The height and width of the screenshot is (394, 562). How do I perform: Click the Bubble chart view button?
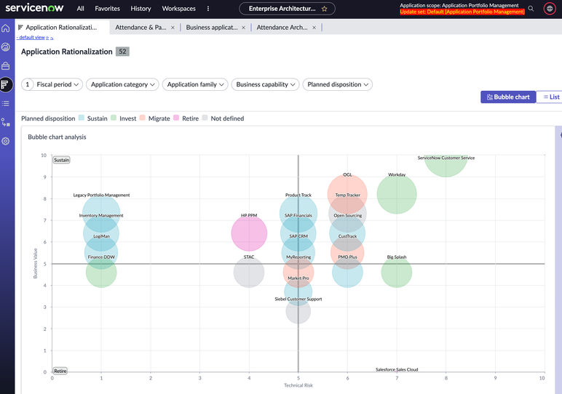coord(508,97)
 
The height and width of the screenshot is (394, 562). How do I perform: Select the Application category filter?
coord(123,84)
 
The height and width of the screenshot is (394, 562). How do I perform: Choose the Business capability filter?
coord(266,84)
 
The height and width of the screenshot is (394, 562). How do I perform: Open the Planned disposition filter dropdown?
coord(338,84)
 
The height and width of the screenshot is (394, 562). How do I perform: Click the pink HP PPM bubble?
coord(249,233)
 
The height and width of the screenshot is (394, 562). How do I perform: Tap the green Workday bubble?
coord(397,195)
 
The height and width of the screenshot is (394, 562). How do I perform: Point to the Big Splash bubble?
coord(397,273)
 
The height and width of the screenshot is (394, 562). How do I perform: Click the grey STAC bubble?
coord(249,273)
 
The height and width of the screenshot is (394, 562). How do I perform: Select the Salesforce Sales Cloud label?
coord(397,369)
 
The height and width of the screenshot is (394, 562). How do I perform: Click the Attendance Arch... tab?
coord(282,28)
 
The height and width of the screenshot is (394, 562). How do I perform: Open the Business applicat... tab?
coord(212,28)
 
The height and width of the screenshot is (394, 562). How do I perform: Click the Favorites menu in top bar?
coord(107,9)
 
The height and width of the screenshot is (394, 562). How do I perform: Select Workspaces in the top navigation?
coord(178,9)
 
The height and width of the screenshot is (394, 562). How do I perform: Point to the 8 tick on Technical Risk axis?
coord(446,378)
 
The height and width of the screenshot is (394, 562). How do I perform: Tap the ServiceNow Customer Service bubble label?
coord(446,158)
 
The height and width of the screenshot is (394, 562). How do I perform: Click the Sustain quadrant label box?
coord(62,160)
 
